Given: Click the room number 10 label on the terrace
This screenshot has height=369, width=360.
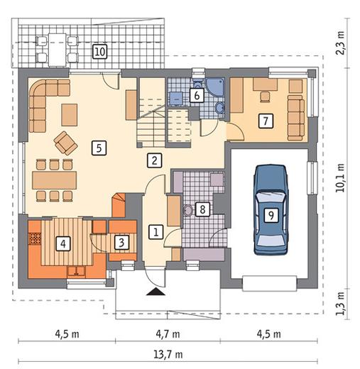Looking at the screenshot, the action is [99, 51].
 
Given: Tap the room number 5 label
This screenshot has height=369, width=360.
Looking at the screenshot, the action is [99, 148].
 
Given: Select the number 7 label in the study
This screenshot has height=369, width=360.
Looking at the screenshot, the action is [266, 121].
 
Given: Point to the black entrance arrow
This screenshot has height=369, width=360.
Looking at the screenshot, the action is [156, 292].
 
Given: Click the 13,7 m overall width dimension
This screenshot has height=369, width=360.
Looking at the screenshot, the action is [168, 354].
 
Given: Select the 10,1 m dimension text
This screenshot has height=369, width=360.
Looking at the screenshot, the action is [340, 177].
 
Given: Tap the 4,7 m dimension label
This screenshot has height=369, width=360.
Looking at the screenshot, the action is [168, 334].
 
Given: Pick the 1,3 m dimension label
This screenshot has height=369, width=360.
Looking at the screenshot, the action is [340, 304].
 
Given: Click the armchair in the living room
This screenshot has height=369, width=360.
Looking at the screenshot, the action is [65, 143].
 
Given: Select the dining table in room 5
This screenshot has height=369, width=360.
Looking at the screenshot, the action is [55, 180].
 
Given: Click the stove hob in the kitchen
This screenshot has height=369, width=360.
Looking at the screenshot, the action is [35, 238].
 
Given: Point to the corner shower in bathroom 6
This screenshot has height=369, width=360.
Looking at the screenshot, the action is [214, 87].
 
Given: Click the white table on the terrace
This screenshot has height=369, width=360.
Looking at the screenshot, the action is [57, 50].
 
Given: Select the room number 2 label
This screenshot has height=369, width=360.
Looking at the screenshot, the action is [155, 160].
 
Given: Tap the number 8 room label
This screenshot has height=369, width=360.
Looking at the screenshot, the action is [202, 209].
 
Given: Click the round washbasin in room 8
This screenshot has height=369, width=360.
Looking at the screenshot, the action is [188, 210].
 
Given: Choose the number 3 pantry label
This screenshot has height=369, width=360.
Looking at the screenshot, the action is [121, 243].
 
